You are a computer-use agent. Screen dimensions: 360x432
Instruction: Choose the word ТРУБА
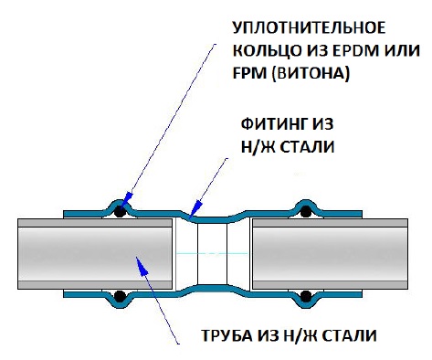[x=225, y=336]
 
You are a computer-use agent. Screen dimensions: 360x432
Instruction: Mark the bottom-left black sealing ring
[x=119, y=295]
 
